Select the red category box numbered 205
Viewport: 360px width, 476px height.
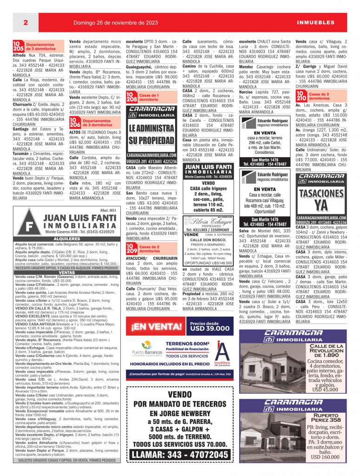tap(18, 46)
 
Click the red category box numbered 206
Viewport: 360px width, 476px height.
tap(75, 123)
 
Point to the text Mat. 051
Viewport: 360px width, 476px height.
tap(107, 210)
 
